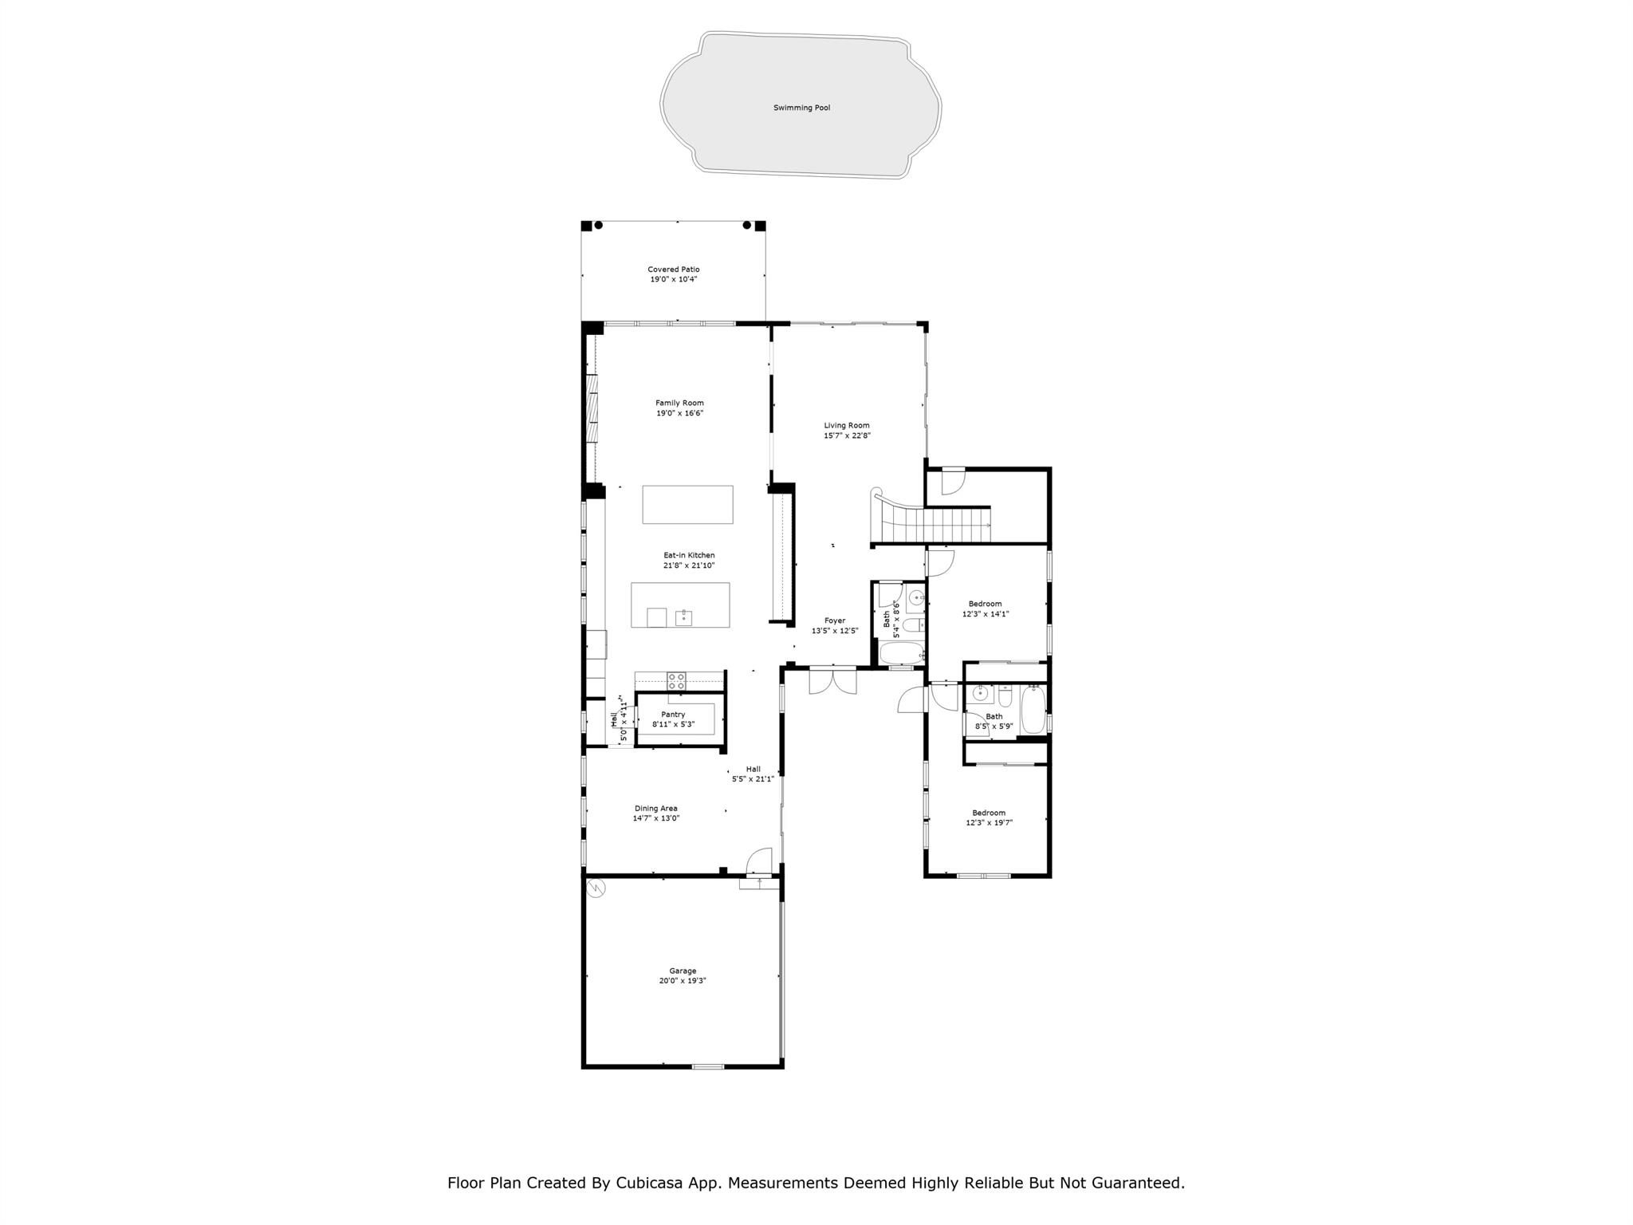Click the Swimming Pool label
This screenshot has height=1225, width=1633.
[x=801, y=108]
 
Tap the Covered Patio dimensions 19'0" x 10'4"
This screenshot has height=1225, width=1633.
[x=674, y=280]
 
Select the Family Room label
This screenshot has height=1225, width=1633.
[x=679, y=404]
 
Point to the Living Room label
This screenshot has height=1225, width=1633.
[x=847, y=426]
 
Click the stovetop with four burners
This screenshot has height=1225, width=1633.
[x=676, y=681]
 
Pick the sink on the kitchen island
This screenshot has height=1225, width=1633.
[x=683, y=616]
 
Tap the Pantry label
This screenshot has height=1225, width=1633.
[x=673, y=715]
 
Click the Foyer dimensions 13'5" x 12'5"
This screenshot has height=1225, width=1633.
[x=835, y=631]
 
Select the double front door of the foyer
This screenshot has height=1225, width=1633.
[x=832, y=680]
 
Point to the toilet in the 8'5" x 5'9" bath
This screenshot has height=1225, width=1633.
[x=1005, y=697]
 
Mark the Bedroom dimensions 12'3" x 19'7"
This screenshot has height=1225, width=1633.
[x=989, y=823]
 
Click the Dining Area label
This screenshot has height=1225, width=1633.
[x=656, y=809]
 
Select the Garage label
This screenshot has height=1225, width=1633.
[x=683, y=971]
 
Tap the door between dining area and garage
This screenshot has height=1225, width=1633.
[x=760, y=861]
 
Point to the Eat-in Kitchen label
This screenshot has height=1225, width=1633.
[x=689, y=555]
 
